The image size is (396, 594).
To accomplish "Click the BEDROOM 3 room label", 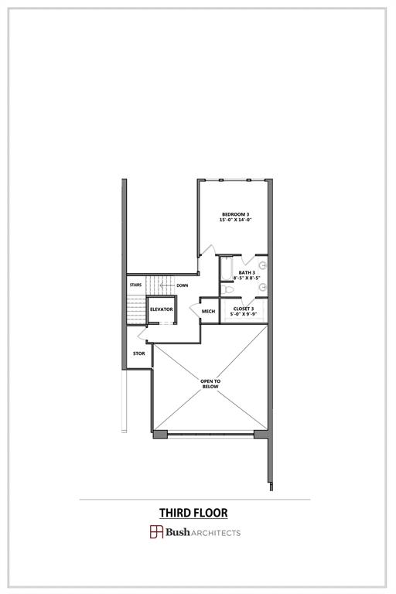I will coord(235,213).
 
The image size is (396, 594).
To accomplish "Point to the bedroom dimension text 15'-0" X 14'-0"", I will coord(235,220).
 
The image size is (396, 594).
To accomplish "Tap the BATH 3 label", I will coord(247,272).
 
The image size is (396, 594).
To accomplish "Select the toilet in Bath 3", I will coord(228,288).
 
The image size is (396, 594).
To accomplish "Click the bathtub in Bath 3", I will coord(226,268).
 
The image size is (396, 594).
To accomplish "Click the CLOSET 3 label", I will coord(244,309).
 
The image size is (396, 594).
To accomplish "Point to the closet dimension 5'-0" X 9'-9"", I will coord(244,315).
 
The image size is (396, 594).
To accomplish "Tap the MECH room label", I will coord(208,312).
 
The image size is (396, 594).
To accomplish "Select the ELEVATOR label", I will coord(161,309).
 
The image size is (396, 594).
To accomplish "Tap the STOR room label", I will coord(138,353).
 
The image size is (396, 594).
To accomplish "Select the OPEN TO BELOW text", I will coord(210,384).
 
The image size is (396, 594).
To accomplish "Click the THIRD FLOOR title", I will coord(193,512).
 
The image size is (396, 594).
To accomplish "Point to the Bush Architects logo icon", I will coord(156,532).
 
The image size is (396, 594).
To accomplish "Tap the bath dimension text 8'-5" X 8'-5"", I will coord(247,278).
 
